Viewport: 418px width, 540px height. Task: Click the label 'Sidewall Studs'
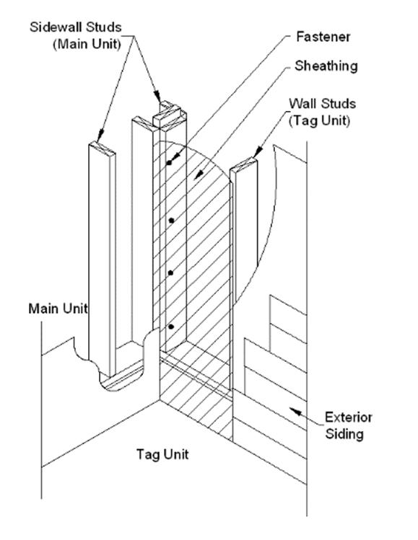[x=76, y=27]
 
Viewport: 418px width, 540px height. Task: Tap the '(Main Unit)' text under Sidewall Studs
[x=87, y=44]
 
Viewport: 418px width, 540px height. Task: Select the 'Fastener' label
[x=323, y=37]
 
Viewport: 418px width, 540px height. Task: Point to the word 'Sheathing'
[x=326, y=66]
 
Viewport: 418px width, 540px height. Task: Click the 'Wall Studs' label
[x=322, y=104]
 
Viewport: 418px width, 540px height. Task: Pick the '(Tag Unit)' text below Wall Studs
[x=319, y=120]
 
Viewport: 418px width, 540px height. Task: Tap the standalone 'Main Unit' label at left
[x=58, y=309]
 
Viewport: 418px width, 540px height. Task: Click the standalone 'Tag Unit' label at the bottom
[x=162, y=455]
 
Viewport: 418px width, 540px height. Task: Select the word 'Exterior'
[x=348, y=417]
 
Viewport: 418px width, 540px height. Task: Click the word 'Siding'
[x=344, y=434]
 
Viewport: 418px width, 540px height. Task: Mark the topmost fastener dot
[x=169, y=163]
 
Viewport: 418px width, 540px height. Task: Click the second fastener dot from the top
[x=171, y=221]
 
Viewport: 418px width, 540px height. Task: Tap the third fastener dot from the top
[x=170, y=273]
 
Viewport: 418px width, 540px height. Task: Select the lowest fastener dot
[x=171, y=327]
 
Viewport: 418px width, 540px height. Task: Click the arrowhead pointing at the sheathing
[x=198, y=175]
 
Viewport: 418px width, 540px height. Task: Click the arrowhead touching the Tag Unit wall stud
[x=258, y=152]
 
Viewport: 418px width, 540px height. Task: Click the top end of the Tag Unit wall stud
[x=244, y=164]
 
